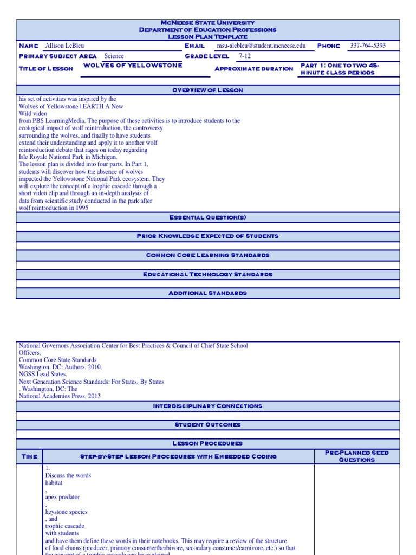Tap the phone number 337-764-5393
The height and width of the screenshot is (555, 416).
[x=368, y=46]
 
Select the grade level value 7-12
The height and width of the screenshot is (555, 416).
[x=245, y=56]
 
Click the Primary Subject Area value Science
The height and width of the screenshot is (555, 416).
[x=114, y=56]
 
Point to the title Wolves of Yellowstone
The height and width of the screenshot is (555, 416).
[x=133, y=66]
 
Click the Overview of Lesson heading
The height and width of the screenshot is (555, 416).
[x=207, y=90]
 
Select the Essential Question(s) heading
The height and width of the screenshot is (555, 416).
[x=207, y=217]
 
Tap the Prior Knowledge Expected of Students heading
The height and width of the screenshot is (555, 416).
[x=207, y=236]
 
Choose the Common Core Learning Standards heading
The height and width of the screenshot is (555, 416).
[x=207, y=255]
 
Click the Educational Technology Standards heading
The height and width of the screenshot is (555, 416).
[x=207, y=274]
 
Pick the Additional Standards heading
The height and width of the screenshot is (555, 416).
[x=207, y=293]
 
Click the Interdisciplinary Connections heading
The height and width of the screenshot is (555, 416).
[x=207, y=406]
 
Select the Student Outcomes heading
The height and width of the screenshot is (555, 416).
[x=207, y=425]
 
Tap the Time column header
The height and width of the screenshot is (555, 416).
[x=29, y=456]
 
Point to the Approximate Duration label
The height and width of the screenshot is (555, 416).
[x=254, y=69]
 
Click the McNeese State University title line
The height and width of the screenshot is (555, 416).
[x=207, y=23]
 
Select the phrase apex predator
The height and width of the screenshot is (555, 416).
[x=62, y=497]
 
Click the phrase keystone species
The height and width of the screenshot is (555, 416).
[x=66, y=512]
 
